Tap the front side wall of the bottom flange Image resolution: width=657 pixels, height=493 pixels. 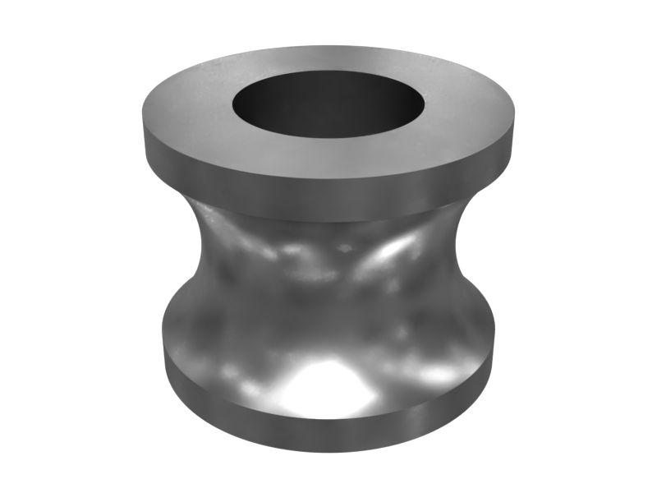tap(328, 431)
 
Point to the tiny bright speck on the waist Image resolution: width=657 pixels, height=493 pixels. tap(345, 246)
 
